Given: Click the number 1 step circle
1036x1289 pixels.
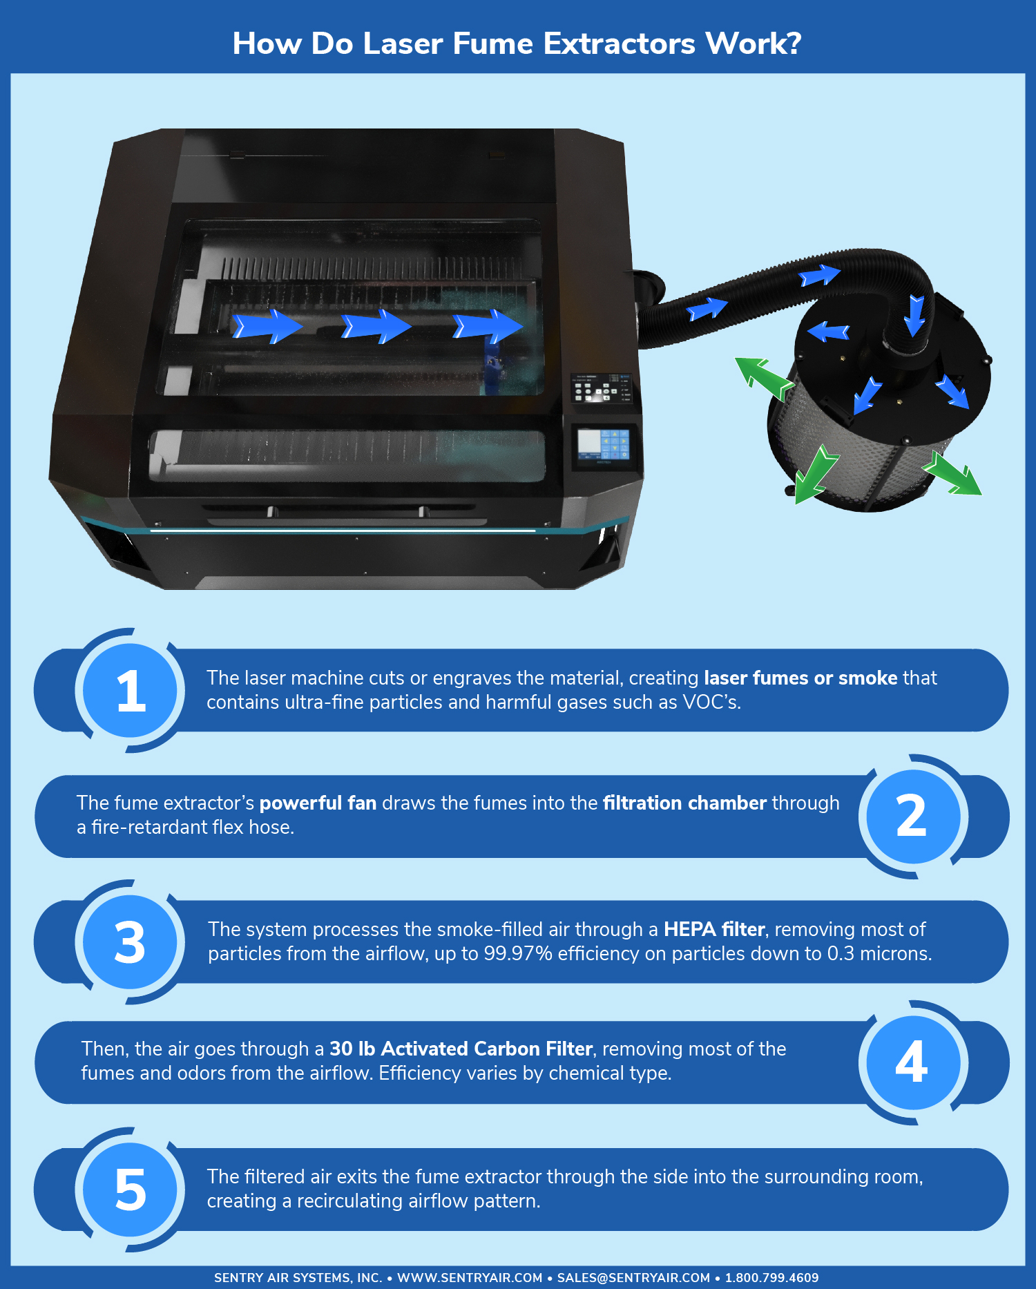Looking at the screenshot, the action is click(x=131, y=690).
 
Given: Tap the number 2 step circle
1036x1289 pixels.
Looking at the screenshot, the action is click(x=912, y=816).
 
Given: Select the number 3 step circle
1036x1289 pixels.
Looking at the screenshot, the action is click(x=131, y=942).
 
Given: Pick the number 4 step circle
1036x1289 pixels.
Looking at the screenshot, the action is click(x=912, y=1062).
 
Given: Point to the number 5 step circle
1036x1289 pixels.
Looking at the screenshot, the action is click(x=131, y=1190).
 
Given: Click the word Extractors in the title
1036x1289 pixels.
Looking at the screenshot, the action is click(x=620, y=44).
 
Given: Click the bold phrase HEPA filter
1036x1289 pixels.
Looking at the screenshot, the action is click(x=714, y=929).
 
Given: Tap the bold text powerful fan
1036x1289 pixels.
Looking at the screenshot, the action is click(x=318, y=803).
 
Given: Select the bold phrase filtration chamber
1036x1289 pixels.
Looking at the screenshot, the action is click(x=684, y=803).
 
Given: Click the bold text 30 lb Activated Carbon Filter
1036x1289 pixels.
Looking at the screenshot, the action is click(x=461, y=1049).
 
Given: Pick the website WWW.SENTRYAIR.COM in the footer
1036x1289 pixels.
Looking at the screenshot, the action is click(x=470, y=1278).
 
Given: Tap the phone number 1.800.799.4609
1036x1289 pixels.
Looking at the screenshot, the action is click(x=771, y=1278).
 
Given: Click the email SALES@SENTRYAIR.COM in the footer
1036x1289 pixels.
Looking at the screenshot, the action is click(x=633, y=1278).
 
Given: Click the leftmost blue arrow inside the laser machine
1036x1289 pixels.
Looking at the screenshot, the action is click(x=267, y=326).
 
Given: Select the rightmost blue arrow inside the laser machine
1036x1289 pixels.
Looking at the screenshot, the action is click(x=488, y=326).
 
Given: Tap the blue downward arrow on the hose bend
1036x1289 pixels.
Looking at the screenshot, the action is click(x=916, y=316).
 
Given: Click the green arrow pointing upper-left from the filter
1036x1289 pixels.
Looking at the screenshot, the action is click(x=763, y=378).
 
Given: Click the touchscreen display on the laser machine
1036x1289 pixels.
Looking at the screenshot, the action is click(x=604, y=444).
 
